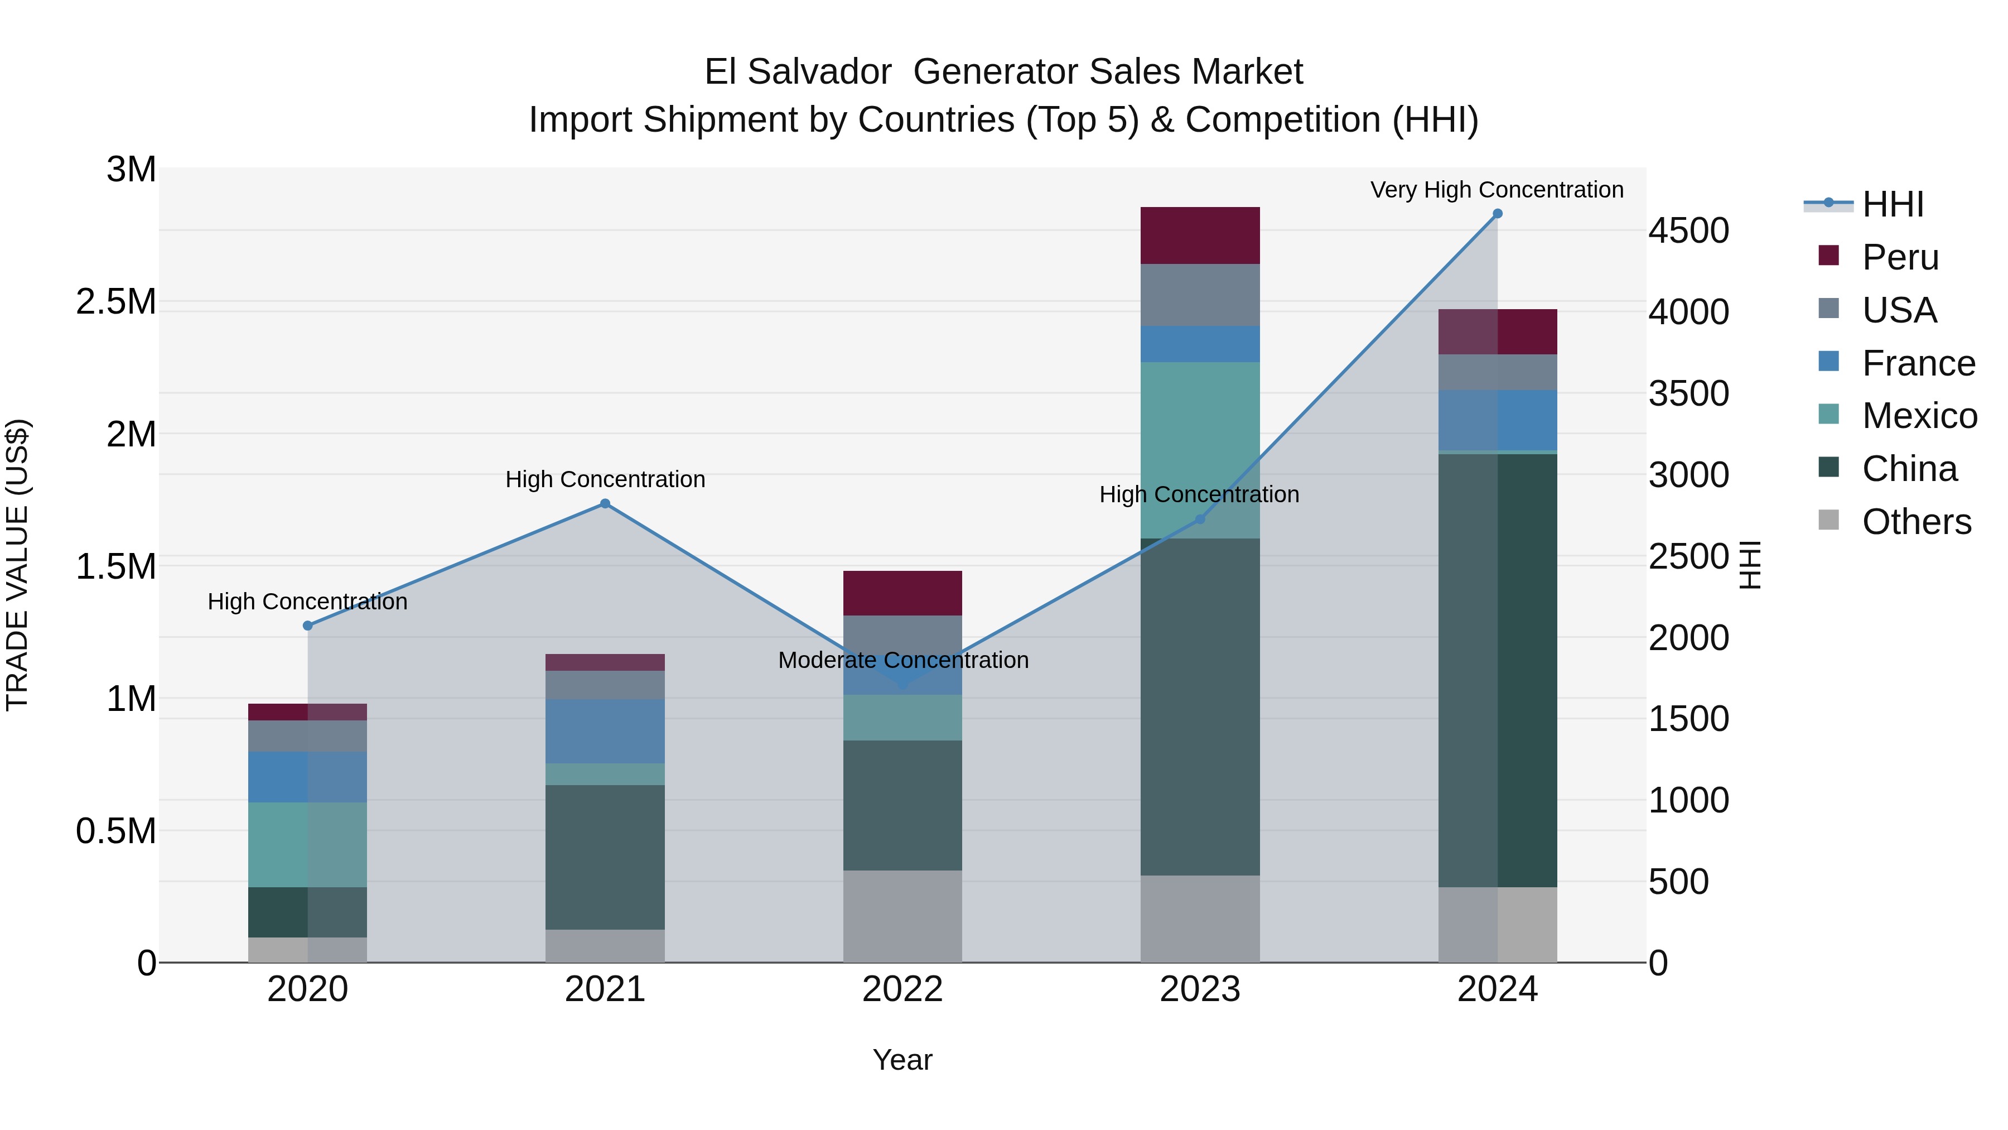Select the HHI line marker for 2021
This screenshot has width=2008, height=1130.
[605, 504]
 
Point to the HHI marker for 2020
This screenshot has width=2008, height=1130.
[307, 626]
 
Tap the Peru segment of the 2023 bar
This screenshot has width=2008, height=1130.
[1200, 235]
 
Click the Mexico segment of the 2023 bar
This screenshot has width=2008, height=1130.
[1200, 450]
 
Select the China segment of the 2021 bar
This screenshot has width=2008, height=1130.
[605, 857]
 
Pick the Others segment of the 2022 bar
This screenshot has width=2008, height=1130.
[902, 916]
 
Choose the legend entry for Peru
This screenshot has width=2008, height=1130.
[1899, 257]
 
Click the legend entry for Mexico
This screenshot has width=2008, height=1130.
[1918, 416]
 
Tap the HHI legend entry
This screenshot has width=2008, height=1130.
[1892, 204]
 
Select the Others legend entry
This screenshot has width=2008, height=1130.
[1915, 522]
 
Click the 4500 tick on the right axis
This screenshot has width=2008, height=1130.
[1688, 231]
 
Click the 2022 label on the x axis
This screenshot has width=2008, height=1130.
[902, 989]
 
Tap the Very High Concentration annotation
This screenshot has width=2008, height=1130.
[1497, 190]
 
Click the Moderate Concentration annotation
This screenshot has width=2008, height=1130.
[902, 660]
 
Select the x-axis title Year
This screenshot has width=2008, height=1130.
[902, 1060]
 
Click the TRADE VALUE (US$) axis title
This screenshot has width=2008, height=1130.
[17, 565]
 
